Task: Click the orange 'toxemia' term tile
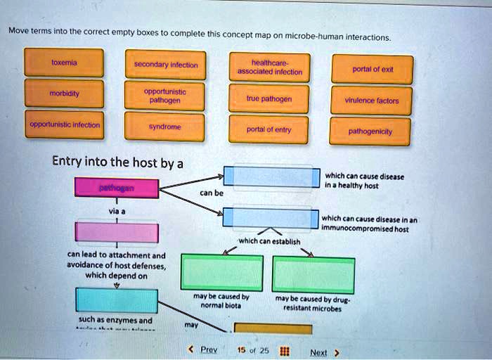64,63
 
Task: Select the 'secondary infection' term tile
165,65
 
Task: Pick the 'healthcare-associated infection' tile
270,67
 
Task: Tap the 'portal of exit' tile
373,69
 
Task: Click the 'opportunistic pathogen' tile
165,96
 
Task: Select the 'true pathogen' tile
270,98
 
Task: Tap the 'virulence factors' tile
373,101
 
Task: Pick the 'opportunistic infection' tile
64,125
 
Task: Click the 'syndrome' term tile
165,128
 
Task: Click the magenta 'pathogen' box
117,189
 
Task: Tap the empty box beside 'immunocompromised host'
271,217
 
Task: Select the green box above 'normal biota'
222,274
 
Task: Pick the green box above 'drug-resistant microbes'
313,274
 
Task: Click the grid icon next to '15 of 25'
285,349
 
